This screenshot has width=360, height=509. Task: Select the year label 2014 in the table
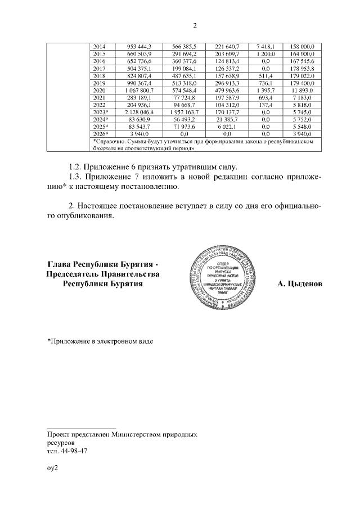pyautogui.click(x=99, y=46)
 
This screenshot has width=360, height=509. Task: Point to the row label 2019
pyautogui.click(x=99, y=83)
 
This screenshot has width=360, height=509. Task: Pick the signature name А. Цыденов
pyautogui.click(x=300, y=285)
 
